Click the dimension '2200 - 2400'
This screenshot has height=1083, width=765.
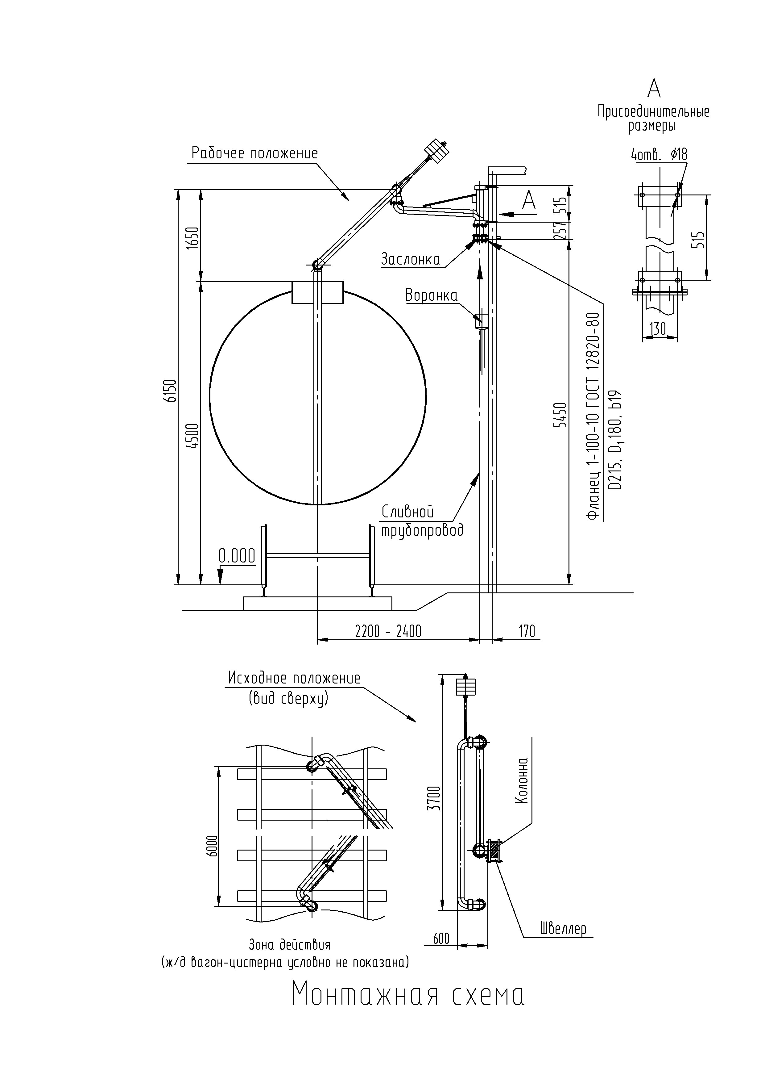[388, 631]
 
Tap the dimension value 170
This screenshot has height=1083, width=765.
[527, 631]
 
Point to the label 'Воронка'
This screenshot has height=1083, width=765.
[431, 295]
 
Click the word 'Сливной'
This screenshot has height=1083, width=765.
[407, 512]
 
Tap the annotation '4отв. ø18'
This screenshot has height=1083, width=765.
[659, 154]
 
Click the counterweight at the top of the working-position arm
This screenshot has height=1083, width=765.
[437, 151]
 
